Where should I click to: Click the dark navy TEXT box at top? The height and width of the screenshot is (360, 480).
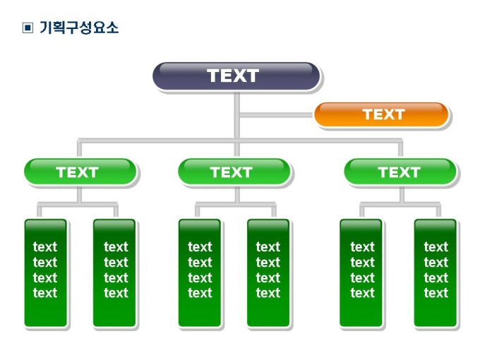pyautogui.click(x=236, y=76)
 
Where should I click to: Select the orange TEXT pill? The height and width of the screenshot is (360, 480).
pyautogui.click(x=381, y=114)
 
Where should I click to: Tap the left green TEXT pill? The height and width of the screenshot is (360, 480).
pyautogui.click(x=79, y=172)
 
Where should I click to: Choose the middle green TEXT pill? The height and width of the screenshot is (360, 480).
pyautogui.click(x=233, y=172)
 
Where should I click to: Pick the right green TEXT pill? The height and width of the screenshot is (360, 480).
pyautogui.click(x=400, y=172)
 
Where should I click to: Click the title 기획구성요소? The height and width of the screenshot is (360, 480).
pyautogui.click(x=78, y=28)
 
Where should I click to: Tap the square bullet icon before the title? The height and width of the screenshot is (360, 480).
pyautogui.click(x=28, y=28)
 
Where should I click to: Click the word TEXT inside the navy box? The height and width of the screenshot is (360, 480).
pyautogui.click(x=233, y=76)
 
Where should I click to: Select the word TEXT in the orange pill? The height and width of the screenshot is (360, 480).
pyautogui.click(x=383, y=114)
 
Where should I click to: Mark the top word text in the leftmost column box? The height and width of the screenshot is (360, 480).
pyautogui.click(x=45, y=247)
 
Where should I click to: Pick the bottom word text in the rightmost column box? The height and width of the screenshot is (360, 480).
pyautogui.click(x=436, y=293)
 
